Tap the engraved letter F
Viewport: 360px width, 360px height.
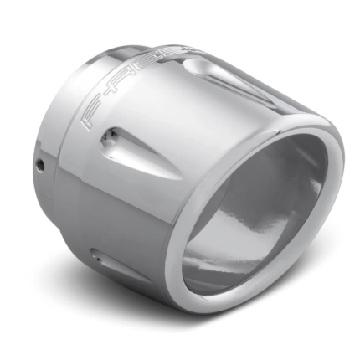tap(93, 117)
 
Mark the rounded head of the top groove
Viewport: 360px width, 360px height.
tap(193, 64)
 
